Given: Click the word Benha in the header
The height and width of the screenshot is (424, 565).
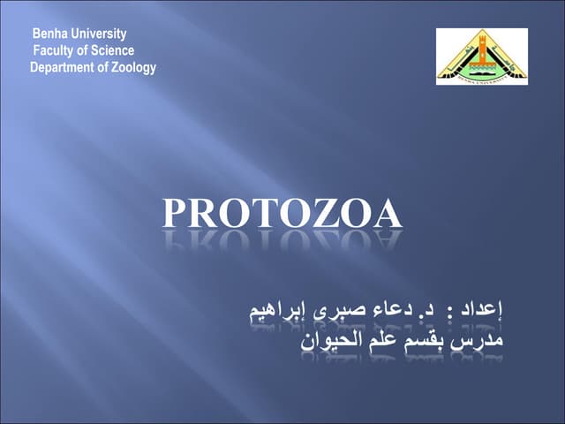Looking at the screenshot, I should (x=49, y=34).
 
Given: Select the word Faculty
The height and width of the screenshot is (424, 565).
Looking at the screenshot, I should (x=56, y=51).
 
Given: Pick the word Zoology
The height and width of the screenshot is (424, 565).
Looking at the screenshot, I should (x=132, y=68).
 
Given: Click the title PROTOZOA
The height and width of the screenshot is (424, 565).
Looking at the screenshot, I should (x=282, y=215).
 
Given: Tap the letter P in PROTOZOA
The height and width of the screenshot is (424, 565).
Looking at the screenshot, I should (x=177, y=215).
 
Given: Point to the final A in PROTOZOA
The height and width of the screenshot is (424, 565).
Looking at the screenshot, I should (x=386, y=215).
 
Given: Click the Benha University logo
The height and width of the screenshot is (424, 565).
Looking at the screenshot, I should (x=482, y=57).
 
